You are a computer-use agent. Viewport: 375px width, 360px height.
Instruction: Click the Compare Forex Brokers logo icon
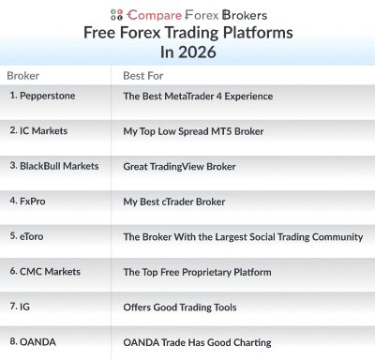point(116,14)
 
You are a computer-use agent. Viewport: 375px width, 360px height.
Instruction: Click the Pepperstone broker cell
point(43,96)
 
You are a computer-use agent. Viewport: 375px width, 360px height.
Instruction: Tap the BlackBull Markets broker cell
point(53,166)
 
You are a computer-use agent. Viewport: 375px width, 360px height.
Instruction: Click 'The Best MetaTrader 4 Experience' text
point(198,96)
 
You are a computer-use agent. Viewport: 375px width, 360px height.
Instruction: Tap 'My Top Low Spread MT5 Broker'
point(192,131)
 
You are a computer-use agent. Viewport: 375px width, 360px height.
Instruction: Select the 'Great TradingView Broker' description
point(179,167)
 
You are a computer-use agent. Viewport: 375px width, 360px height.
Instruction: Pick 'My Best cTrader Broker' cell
point(175,202)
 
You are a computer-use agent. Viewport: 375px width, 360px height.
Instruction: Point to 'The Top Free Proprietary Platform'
point(197,272)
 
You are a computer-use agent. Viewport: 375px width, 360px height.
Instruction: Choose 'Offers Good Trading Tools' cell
point(179,307)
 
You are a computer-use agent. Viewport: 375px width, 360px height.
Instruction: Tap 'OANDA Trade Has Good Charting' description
point(196,342)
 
